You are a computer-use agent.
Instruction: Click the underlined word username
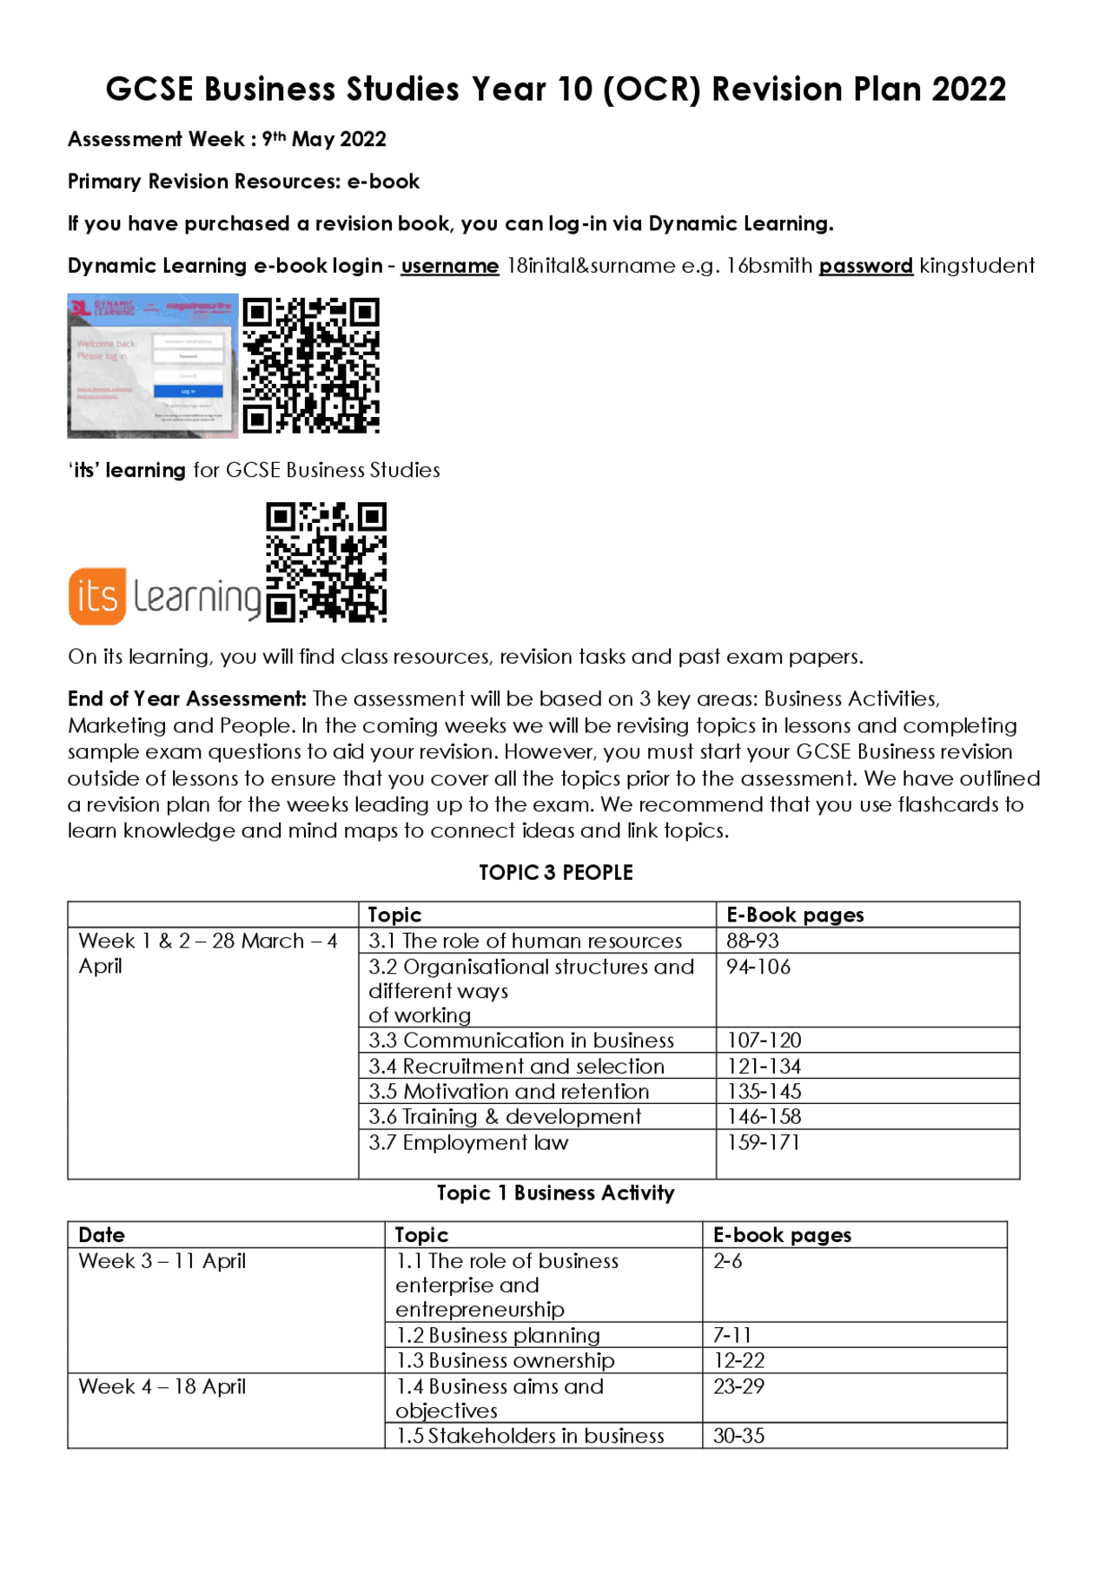(x=449, y=266)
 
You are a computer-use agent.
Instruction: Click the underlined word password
(x=865, y=266)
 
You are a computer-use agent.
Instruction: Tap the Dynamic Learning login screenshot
(x=153, y=366)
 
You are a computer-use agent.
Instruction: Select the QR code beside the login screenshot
(x=311, y=366)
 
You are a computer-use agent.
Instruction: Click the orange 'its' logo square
(x=97, y=597)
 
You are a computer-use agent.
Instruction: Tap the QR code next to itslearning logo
(x=327, y=562)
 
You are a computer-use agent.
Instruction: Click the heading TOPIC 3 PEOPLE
(x=556, y=873)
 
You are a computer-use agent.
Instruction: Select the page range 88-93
(x=752, y=941)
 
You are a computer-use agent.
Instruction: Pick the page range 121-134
(x=764, y=1067)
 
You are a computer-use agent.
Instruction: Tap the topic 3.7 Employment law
(x=468, y=1143)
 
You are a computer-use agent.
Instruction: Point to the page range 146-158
(x=764, y=1117)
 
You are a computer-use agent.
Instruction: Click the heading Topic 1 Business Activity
(x=556, y=1193)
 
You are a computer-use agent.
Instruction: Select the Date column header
(x=102, y=1235)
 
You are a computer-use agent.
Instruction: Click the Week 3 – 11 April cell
(x=162, y=1261)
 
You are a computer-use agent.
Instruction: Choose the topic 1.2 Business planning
(x=498, y=1336)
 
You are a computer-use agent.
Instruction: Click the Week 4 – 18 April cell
(x=162, y=1387)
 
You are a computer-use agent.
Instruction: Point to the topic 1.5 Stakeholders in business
(x=530, y=1437)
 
